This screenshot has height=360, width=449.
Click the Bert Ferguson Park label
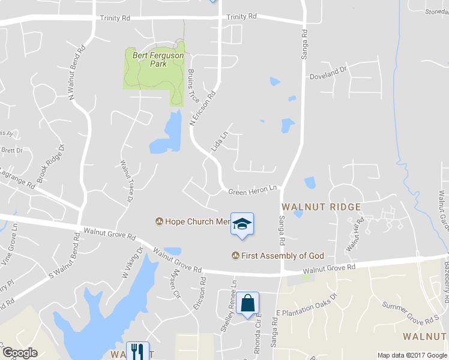point(149,59)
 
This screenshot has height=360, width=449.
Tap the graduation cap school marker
point(242,224)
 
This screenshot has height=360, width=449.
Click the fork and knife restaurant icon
point(139,351)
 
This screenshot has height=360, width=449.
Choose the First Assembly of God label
point(277,256)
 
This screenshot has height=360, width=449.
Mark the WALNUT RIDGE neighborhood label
point(321,207)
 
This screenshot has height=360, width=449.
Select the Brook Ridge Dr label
point(50,163)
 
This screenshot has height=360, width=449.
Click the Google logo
point(19,353)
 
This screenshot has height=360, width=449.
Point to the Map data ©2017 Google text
point(412,355)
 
